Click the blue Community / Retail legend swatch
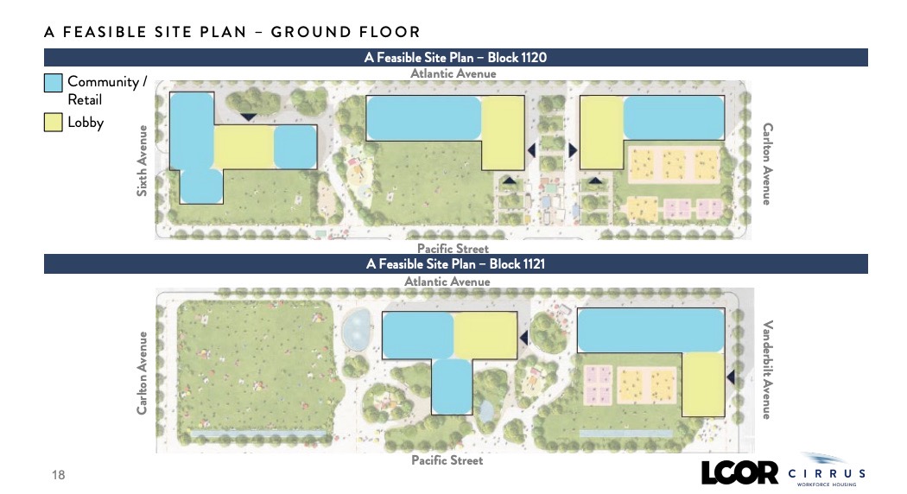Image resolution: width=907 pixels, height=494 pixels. tap(54, 83)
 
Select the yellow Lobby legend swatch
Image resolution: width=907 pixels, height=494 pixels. tap(54, 123)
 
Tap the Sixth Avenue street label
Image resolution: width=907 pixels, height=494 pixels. tap(142, 161)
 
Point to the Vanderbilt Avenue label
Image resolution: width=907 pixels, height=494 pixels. tap(767, 370)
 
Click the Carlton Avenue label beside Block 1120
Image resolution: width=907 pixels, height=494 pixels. tap(768, 164)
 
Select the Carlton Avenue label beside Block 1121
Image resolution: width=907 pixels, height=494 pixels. tap(142, 373)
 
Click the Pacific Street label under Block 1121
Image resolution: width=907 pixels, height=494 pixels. tap(447, 460)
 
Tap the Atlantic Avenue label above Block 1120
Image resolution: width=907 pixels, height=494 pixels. tap(453, 73)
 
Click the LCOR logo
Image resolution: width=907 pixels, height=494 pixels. tap(739, 472)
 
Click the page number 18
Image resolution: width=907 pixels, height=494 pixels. tap(59, 475)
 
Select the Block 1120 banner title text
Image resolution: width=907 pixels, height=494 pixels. tap(455, 57)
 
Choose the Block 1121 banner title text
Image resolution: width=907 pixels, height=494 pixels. tap(455, 263)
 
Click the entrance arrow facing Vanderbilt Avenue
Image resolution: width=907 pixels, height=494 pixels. tap(730, 377)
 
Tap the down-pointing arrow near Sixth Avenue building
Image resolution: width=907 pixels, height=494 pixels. tap(248, 117)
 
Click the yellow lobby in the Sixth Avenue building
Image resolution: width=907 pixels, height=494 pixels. tap(244, 147)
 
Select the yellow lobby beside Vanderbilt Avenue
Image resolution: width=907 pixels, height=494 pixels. tap(703, 384)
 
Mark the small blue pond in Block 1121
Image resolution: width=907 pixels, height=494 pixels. tap(356, 329)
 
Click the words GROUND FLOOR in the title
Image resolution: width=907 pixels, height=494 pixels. tap(346, 32)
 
